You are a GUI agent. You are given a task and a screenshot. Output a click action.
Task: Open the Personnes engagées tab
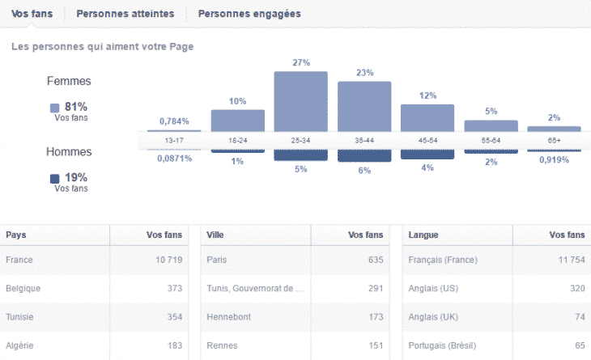point(249,14)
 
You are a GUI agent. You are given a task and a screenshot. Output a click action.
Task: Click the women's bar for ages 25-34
point(300,100)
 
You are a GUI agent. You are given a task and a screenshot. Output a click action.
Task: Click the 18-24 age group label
point(237,140)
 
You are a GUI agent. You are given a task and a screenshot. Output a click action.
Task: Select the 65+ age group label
point(554,140)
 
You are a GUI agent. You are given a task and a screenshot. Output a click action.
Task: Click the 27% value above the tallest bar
point(300,61)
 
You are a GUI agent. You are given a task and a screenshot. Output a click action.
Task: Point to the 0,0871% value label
point(174,159)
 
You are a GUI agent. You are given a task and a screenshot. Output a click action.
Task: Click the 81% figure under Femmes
point(75,107)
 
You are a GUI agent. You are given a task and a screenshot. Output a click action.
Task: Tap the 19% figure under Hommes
point(75,177)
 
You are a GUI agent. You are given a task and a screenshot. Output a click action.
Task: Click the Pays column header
point(15,235)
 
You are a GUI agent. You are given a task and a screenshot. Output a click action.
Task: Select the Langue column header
point(423,235)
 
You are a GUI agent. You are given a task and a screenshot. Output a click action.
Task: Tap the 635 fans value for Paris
point(373,260)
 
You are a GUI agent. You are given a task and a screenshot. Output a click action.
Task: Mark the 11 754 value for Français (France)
point(566,260)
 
